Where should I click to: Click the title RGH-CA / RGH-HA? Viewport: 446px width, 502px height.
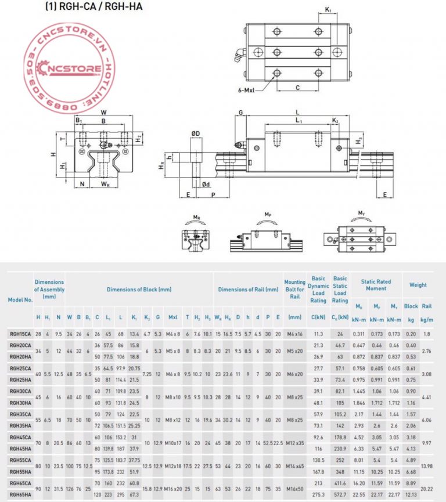[x=93, y=7]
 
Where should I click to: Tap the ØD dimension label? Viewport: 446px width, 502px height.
[x=196, y=134]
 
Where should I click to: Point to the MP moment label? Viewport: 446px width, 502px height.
[x=268, y=215]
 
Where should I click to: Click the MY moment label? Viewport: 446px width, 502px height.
[x=361, y=214]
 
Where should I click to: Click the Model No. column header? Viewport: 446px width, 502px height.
[x=19, y=299]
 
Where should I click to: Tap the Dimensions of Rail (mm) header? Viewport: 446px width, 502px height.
[x=248, y=289]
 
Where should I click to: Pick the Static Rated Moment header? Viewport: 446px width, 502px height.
[x=376, y=285]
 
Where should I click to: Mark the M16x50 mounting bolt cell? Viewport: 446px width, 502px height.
[x=295, y=490]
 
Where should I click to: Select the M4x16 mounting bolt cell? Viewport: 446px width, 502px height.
[x=295, y=334]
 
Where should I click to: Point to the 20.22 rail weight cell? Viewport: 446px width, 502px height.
[x=426, y=490]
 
